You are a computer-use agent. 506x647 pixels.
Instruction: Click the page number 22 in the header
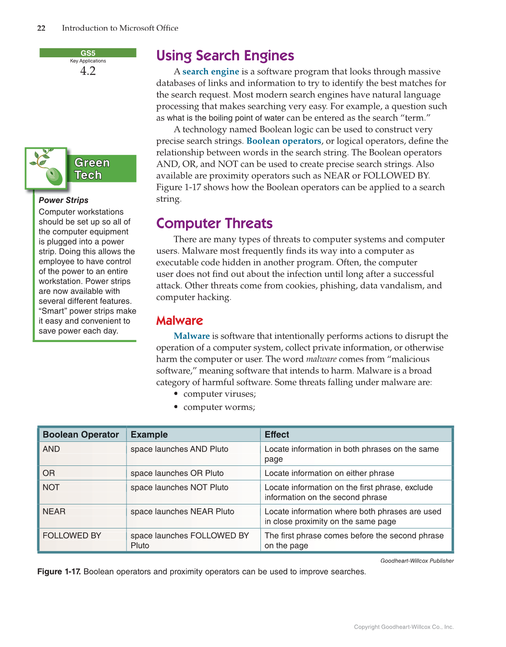click(x=41, y=28)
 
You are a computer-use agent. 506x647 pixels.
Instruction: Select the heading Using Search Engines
click(x=225, y=56)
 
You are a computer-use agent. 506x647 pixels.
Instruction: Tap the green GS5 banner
click(x=88, y=53)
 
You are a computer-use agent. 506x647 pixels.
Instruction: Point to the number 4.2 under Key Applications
click(x=88, y=71)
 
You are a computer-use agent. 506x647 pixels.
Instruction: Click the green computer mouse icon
click(x=54, y=175)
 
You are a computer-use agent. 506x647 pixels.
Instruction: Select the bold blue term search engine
click(x=211, y=71)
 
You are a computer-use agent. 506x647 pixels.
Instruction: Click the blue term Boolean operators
click(x=284, y=141)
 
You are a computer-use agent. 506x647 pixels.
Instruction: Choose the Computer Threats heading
click(x=214, y=223)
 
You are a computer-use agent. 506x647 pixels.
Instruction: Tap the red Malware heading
click(x=179, y=321)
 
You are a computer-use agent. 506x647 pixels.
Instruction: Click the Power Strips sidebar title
click(x=63, y=200)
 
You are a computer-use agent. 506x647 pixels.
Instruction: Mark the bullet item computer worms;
click(x=219, y=407)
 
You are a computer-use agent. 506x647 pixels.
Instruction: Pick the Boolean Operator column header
click(x=81, y=434)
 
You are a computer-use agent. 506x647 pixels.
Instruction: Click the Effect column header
click(x=277, y=434)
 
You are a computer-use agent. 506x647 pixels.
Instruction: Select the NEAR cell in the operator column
click(x=54, y=511)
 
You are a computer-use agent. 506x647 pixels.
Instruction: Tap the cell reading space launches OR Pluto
click(x=177, y=473)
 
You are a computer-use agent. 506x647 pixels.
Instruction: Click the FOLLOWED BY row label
click(x=72, y=535)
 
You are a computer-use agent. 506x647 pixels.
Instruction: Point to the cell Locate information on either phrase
click(x=329, y=473)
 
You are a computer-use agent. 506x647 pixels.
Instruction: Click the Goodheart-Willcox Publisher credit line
click(x=417, y=561)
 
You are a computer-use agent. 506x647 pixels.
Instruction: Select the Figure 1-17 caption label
click(x=59, y=571)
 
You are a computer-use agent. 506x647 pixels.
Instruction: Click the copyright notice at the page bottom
click(x=404, y=627)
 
